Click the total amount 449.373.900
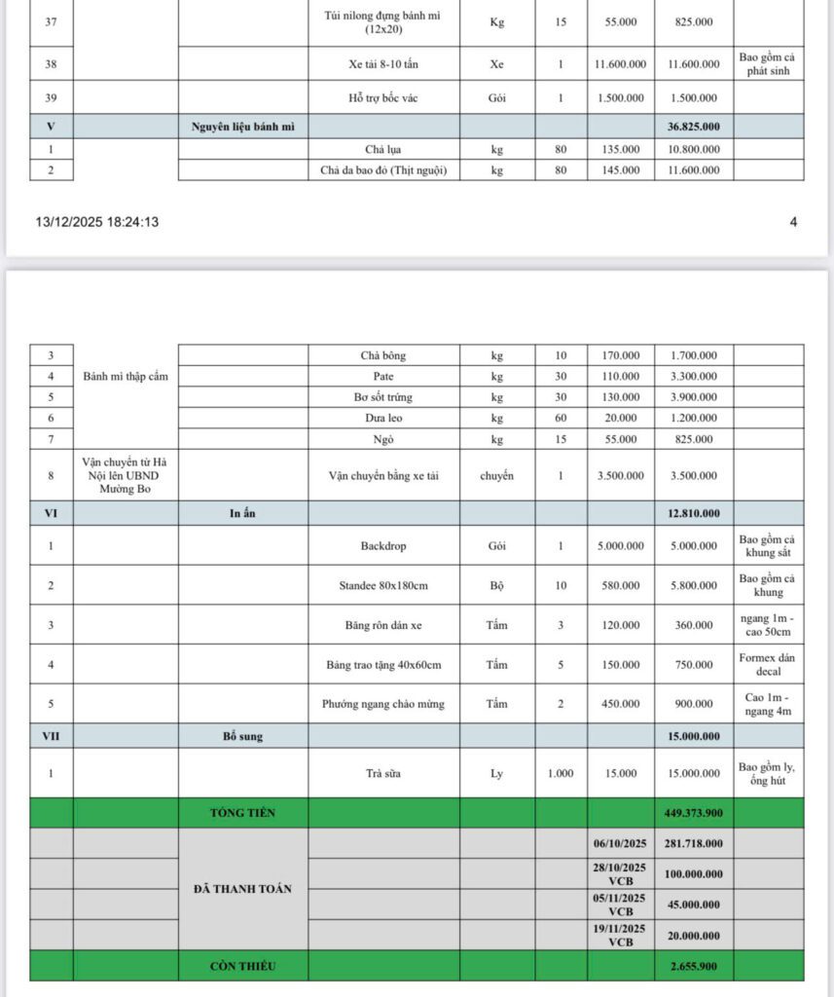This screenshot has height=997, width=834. pyautogui.click(x=693, y=813)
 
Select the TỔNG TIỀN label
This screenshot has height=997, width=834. pyautogui.click(x=242, y=813)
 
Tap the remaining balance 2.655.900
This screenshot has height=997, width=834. pyautogui.click(x=693, y=966)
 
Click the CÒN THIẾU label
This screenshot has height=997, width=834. pyautogui.click(x=242, y=966)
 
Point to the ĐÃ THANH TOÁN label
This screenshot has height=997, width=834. pyautogui.click(x=242, y=889)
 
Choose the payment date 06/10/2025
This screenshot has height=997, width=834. pyautogui.click(x=620, y=843)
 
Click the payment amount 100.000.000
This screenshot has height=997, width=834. pyautogui.click(x=693, y=874)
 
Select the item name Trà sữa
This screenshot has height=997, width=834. pyautogui.click(x=382, y=773)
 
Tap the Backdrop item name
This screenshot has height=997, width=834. pyautogui.click(x=382, y=546)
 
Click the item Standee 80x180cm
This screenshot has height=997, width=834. pyautogui.click(x=382, y=585)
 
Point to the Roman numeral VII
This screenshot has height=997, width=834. pyautogui.click(x=51, y=736)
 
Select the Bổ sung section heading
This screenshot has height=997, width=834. pyautogui.click(x=242, y=736)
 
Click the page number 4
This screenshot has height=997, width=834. pyautogui.click(x=793, y=222)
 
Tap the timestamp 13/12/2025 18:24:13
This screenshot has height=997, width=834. pyautogui.click(x=97, y=222)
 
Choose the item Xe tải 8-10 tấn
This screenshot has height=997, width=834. pyautogui.click(x=382, y=63)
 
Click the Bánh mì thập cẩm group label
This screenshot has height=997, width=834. pyautogui.click(x=126, y=377)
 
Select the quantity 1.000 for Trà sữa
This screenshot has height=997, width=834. pyautogui.click(x=560, y=773)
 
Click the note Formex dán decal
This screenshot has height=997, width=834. pyautogui.click(x=768, y=664)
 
